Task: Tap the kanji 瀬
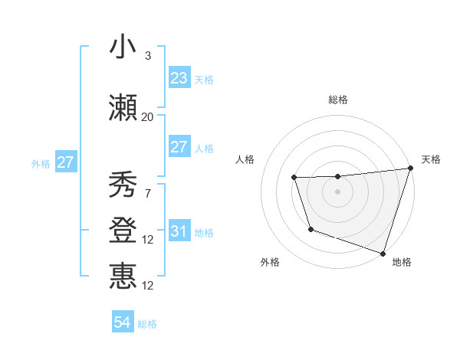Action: pyautogui.click(x=123, y=108)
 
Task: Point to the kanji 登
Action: pyautogui.click(x=123, y=231)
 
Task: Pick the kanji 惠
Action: pyautogui.click(x=123, y=277)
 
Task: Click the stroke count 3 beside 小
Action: pyautogui.click(x=147, y=56)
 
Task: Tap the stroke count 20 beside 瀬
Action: pyautogui.click(x=147, y=117)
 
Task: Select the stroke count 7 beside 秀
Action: pyautogui.click(x=147, y=194)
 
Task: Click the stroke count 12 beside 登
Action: pyautogui.click(x=147, y=240)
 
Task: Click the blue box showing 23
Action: pyautogui.click(x=179, y=77)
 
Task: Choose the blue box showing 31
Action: pyautogui.click(x=179, y=231)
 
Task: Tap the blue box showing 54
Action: pyautogui.click(x=123, y=322)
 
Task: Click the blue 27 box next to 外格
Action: pyautogui.click(x=65, y=162)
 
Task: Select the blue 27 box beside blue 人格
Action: pyautogui.click(x=179, y=147)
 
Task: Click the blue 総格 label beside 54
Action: pyautogui.click(x=147, y=324)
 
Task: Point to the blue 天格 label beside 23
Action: pyautogui.click(x=204, y=79)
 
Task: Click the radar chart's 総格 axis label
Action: pyautogui.click(x=337, y=100)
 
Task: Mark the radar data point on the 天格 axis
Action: pyautogui.click(x=410, y=169)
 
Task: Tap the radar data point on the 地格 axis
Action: pyautogui.click(x=383, y=253)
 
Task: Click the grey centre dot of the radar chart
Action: pyautogui.click(x=337, y=191)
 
